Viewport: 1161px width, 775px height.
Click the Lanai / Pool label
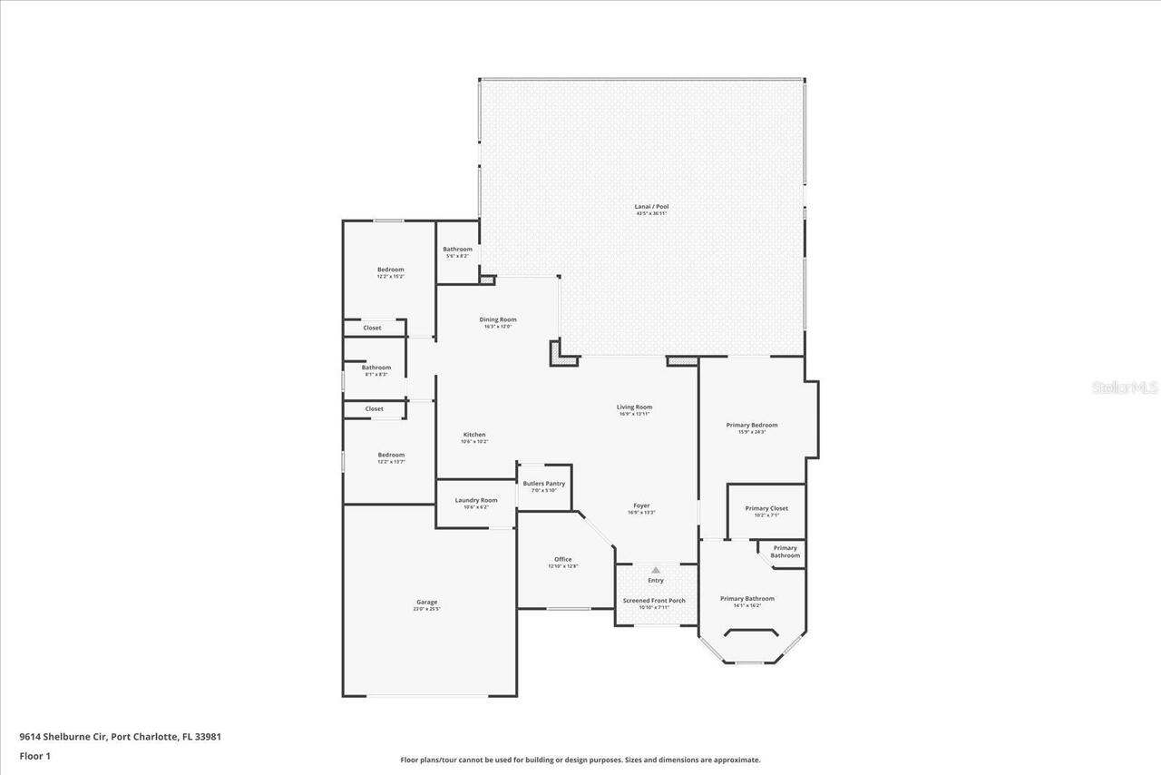(651, 207)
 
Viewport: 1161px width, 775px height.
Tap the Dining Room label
(498, 319)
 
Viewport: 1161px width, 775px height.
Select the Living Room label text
(635, 407)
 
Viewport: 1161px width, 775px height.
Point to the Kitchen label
(474, 435)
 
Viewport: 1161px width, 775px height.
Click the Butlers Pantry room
(544, 486)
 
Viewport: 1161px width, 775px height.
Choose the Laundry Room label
(476, 500)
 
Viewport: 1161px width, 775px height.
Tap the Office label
(563, 559)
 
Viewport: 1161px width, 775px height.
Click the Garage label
(427, 603)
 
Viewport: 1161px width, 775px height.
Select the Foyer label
(641, 505)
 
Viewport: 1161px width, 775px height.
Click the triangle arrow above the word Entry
(656, 570)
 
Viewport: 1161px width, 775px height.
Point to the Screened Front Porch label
(654, 601)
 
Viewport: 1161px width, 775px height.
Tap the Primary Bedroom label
(752, 425)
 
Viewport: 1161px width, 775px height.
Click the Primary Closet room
(766, 510)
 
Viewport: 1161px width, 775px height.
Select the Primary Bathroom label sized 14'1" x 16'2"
(747, 599)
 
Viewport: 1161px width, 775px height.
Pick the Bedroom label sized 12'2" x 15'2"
(391, 270)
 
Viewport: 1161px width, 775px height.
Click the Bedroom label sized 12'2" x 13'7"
(391, 455)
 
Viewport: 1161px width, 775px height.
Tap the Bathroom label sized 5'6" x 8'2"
(457, 250)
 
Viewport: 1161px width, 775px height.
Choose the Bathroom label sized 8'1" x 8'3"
(376, 368)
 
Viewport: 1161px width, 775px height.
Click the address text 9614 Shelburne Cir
(63, 737)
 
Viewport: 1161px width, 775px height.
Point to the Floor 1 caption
(35, 755)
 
